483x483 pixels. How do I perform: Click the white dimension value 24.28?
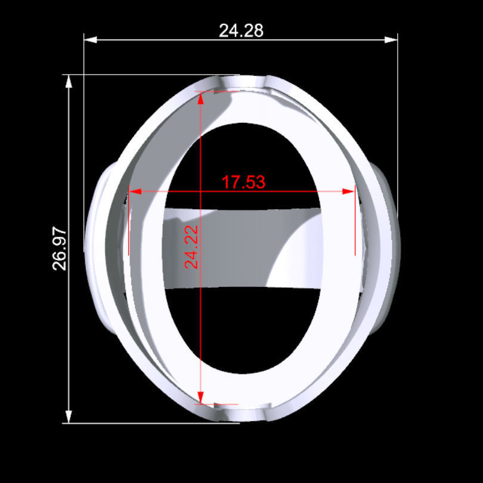pyautogui.click(x=241, y=30)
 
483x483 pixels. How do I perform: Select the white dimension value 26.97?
pyautogui.click(x=60, y=249)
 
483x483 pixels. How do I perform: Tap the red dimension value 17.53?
pyautogui.click(x=243, y=182)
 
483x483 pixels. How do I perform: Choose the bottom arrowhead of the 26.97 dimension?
pyautogui.click(x=69, y=417)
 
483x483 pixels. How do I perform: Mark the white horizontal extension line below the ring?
pyautogui.click(x=155, y=423)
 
